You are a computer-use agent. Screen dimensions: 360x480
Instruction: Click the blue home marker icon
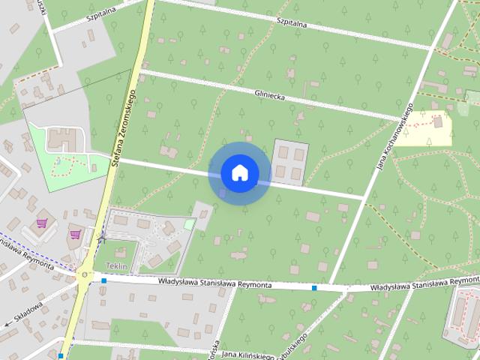(239, 173)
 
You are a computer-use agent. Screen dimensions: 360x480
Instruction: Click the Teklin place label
(117, 267)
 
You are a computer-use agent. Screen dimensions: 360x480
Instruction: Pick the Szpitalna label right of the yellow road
(292, 22)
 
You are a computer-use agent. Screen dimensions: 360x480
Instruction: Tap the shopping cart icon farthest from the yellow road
(43, 223)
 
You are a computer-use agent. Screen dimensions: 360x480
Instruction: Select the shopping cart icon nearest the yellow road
(75, 234)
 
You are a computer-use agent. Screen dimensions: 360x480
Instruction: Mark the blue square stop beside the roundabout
(103, 281)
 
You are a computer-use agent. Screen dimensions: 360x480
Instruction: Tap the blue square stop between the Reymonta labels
(314, 287)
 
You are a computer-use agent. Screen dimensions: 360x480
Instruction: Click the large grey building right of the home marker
(289, 161)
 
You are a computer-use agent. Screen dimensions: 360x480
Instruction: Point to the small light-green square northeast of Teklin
(189, 223)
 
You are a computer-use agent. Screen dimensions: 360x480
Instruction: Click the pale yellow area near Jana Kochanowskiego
(433, 128)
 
